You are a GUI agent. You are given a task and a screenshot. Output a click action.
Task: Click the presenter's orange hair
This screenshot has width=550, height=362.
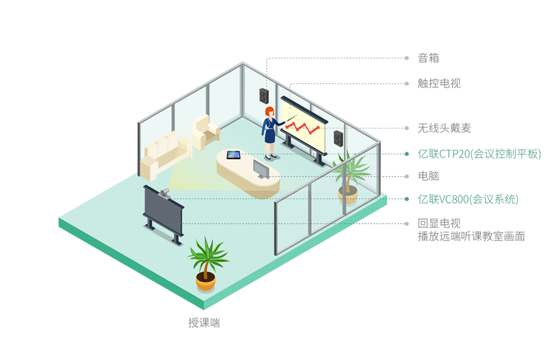pyautogui.click(x=268, y=111)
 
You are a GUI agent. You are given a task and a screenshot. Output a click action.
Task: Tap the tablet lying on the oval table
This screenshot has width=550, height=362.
pyautogui.click(x=233, y=155)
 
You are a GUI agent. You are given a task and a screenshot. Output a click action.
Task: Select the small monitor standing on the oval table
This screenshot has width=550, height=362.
pyautogui.click(x=261, y=169)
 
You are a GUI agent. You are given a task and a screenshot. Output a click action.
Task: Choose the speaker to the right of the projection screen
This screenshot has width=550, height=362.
pyautogui.click(x=339, y=137)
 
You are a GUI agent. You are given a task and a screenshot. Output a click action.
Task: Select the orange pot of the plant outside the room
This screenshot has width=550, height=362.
pyautogui.click(x=206, y=281)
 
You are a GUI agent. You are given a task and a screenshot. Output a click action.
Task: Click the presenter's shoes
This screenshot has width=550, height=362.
pyautogui.click(x=270, y=156)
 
